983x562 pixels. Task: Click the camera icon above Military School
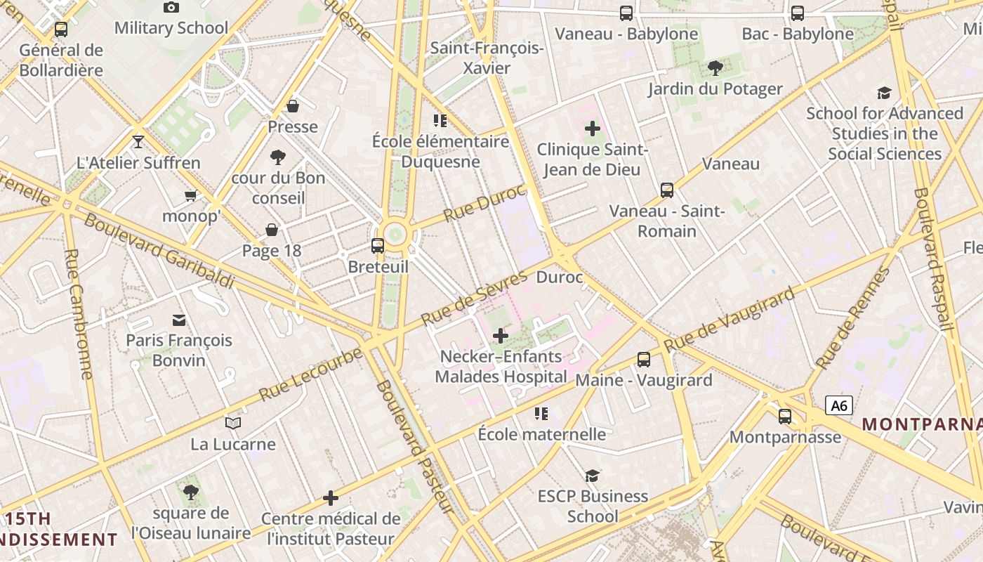click(x=171, y=8)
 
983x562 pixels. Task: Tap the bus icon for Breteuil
click(x=378, y=246)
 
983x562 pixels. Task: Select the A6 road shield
click(x=839, y=405)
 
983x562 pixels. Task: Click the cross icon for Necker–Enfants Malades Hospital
click(x=501, y=336)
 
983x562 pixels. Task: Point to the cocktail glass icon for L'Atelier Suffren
click(x=138, y=141)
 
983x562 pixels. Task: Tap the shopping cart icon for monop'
click(x=190, y=195)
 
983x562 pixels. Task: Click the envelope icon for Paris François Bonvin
click(x=179, y=320)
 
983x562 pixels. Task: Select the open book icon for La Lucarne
click(x=233, y=423)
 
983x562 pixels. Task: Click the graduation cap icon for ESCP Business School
click(x=593, y=476)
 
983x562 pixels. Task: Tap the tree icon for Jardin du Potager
click(x=715, y=68)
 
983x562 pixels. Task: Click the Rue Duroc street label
click(x=484, y=202)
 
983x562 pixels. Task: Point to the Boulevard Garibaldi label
click(x=159, y=251)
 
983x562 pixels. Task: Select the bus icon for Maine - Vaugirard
click(x=644, y=360)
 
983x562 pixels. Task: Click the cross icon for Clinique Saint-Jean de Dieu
click(x=593, y=129)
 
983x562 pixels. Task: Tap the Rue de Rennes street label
click(x=852, y=318)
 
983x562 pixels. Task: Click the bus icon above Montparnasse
click(x=785, y=417)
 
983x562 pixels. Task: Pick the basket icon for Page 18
click(x=272, y=230)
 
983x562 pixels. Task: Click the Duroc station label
click(x=560, y=277)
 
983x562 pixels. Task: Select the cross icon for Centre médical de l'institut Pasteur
click(x=331, y=499)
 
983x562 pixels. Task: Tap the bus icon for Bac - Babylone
click(x=798, y=13)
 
